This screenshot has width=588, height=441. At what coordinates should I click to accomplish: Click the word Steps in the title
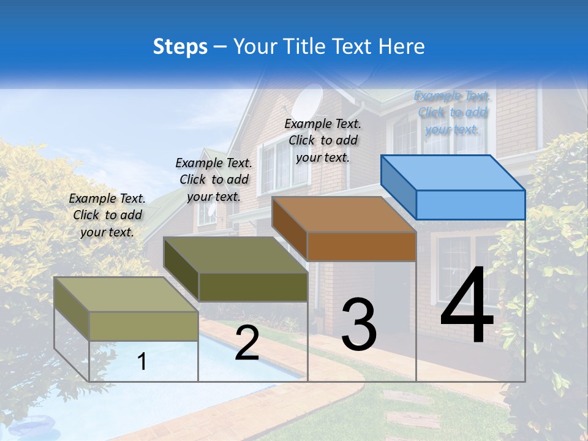(x=180, y=47)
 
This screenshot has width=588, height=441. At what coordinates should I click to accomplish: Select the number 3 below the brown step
(x=358, y=324)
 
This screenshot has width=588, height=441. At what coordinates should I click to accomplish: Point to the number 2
(x=247, y=344)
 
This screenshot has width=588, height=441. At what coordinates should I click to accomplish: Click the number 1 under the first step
(x=142, y=361)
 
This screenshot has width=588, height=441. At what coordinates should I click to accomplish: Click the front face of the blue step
(x=470, y=205)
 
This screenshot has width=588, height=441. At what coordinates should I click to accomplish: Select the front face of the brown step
(x=361, y=246)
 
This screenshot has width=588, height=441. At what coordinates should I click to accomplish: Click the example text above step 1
(x=107, y=215)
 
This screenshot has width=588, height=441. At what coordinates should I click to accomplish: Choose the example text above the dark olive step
(x=214, y=179)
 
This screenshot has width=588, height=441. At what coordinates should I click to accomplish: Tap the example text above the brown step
(x=323, y=140)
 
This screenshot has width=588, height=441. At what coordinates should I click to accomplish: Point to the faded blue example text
(x=452, y=112)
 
